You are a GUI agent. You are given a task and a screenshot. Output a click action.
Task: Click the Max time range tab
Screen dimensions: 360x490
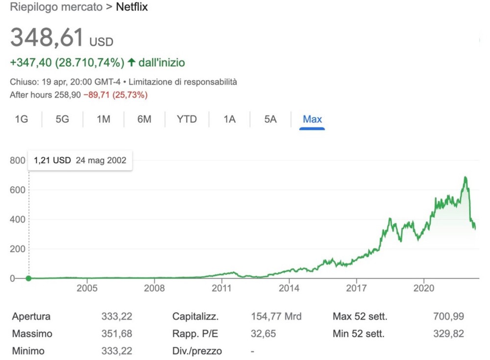312,120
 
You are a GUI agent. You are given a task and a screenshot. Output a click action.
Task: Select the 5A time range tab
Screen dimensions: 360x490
270,120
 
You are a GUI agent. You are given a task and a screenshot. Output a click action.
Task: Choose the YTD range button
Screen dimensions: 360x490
187,120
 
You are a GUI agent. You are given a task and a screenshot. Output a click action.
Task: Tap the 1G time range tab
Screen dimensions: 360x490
21,120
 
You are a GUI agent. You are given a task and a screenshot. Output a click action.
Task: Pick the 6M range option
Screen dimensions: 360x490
144,120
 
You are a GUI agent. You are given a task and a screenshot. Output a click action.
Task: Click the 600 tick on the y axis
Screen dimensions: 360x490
17,190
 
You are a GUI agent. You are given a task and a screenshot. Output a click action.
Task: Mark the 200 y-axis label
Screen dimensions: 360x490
17,249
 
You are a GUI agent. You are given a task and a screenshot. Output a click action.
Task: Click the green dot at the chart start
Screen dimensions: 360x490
28,278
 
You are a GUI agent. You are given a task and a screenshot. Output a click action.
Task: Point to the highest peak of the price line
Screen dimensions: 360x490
465,177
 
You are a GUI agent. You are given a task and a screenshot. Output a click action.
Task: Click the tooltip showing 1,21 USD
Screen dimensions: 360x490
80,160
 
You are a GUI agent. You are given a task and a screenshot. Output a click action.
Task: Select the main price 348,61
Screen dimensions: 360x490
47,38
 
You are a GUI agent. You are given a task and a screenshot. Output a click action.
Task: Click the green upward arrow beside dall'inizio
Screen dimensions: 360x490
131,63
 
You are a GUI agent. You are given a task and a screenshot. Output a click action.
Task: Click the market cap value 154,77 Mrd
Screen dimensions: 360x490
276,316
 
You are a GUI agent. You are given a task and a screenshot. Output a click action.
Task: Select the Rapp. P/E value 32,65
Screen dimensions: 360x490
263,334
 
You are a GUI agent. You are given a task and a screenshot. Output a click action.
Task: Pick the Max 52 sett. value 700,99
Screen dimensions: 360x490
448,316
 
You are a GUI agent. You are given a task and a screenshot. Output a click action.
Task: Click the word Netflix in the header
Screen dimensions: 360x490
132,7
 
